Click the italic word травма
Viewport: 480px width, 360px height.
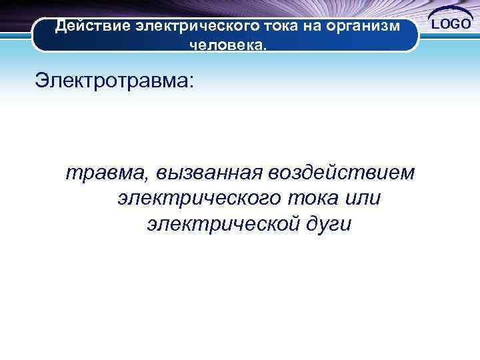pyautogui.click(x=107, y=173)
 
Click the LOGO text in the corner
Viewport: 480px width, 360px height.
pyautogui.click(x=451, y=25)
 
